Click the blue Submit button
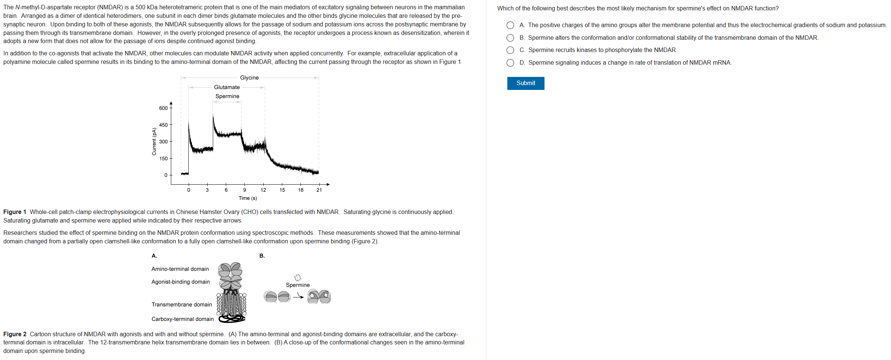526,83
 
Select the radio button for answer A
510,25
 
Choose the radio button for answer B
510,38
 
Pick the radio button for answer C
510,50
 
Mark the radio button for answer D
510,63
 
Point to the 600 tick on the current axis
163,108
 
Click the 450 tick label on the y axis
163,125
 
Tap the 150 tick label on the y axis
163,159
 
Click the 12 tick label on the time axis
263,190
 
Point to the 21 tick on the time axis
319,190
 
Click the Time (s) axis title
248,198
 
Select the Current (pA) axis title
154,142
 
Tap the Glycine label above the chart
249,78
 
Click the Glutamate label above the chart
227,87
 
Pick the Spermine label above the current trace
227,96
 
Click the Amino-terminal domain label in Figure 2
180,269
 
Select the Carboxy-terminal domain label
182,319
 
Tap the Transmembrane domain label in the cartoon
182,305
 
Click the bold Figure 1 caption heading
15,212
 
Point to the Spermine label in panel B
297,285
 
